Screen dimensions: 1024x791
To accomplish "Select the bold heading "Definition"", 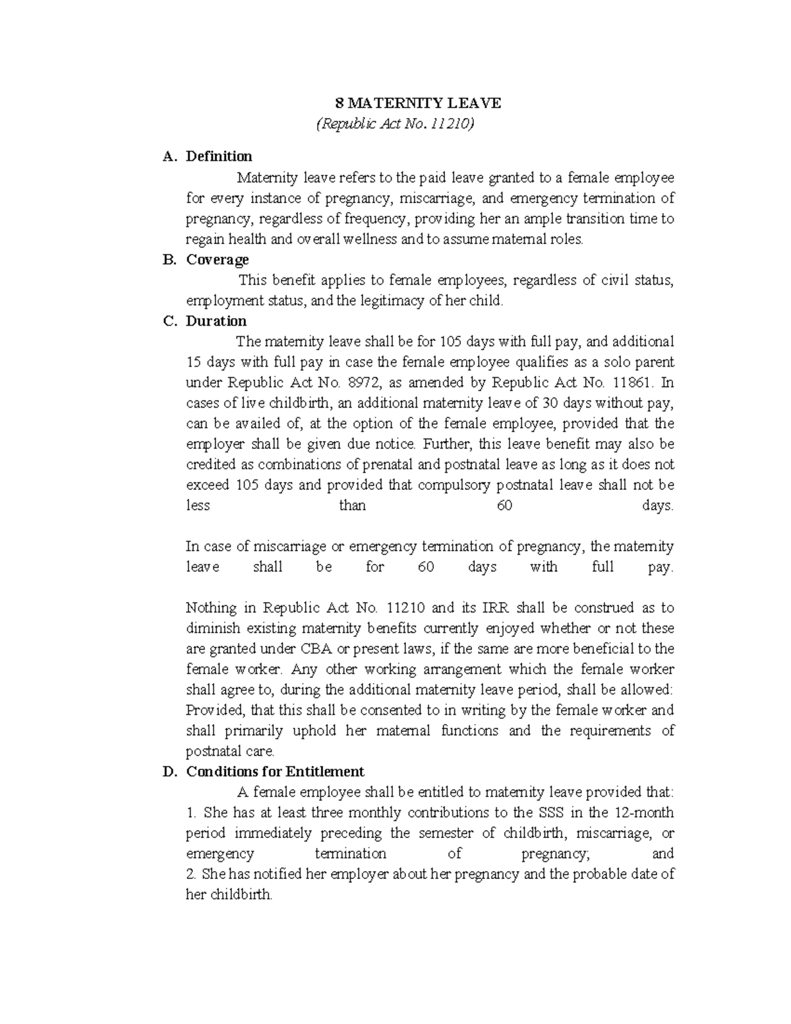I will tap(219, 156).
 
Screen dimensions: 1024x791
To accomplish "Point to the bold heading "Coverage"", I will tap(218, 259).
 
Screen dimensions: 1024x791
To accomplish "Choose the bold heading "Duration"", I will tap(216, 321).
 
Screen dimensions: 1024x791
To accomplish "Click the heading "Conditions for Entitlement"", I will tap(275, 771).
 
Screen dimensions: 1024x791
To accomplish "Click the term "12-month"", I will tap(644, 812).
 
